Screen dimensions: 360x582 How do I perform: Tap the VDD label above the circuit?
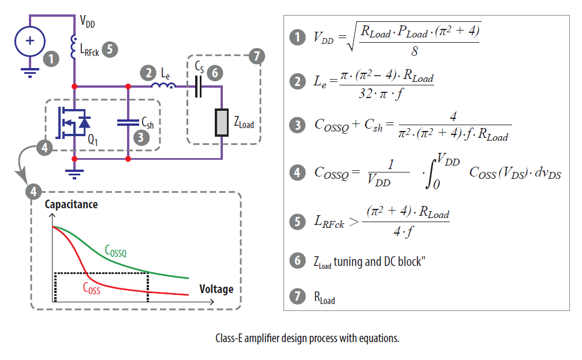pyautogui.click(x=87, y=23)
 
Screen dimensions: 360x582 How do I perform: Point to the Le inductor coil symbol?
pyautogui.click(x=164, y=87)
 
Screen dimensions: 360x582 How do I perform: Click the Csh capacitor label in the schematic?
pyautogui.click(x=148, y=123)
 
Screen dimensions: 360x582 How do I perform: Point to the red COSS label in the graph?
pyautogui.click(x=91, y=288)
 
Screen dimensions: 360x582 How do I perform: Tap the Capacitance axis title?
pyautogui.click(x=71, y=205)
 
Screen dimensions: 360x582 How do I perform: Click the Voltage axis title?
pyautogui.click(x=216, y=288)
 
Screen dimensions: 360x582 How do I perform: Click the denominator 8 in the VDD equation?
pyautogui.click(x=414, y=51)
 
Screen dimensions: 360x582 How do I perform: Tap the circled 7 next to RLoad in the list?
pyautogui.click(x=297, y=297)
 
